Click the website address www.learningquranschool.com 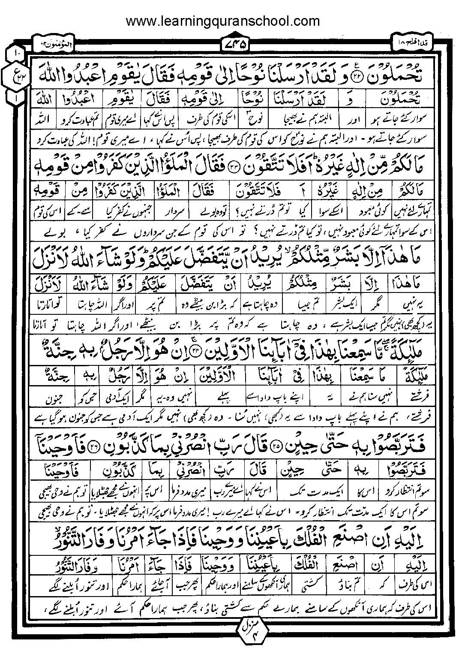point(222,21)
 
